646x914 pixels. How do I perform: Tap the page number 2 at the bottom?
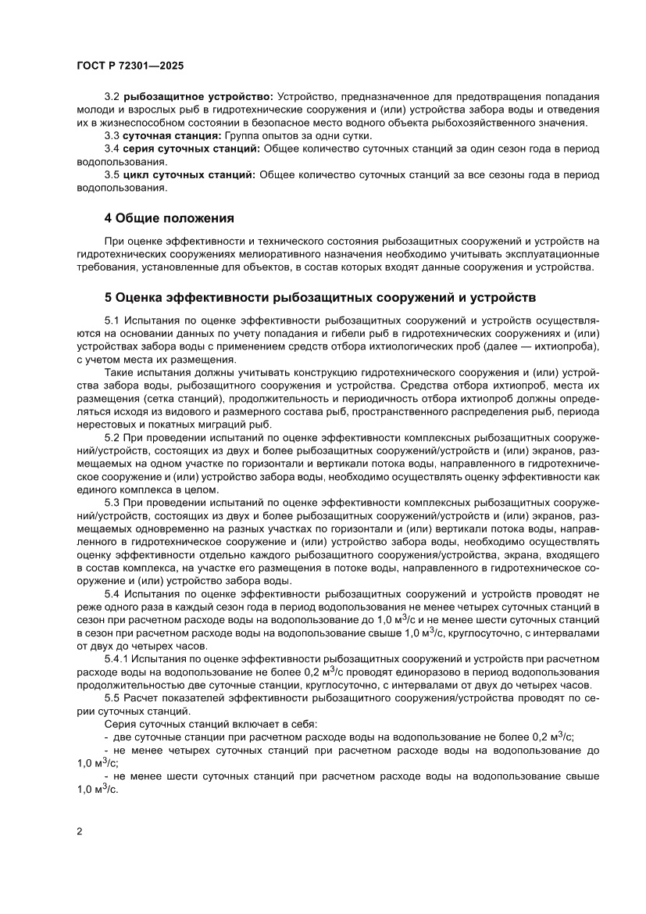[80, 831]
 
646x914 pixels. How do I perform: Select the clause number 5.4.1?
[117, 660]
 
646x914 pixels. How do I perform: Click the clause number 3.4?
[112, 148]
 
